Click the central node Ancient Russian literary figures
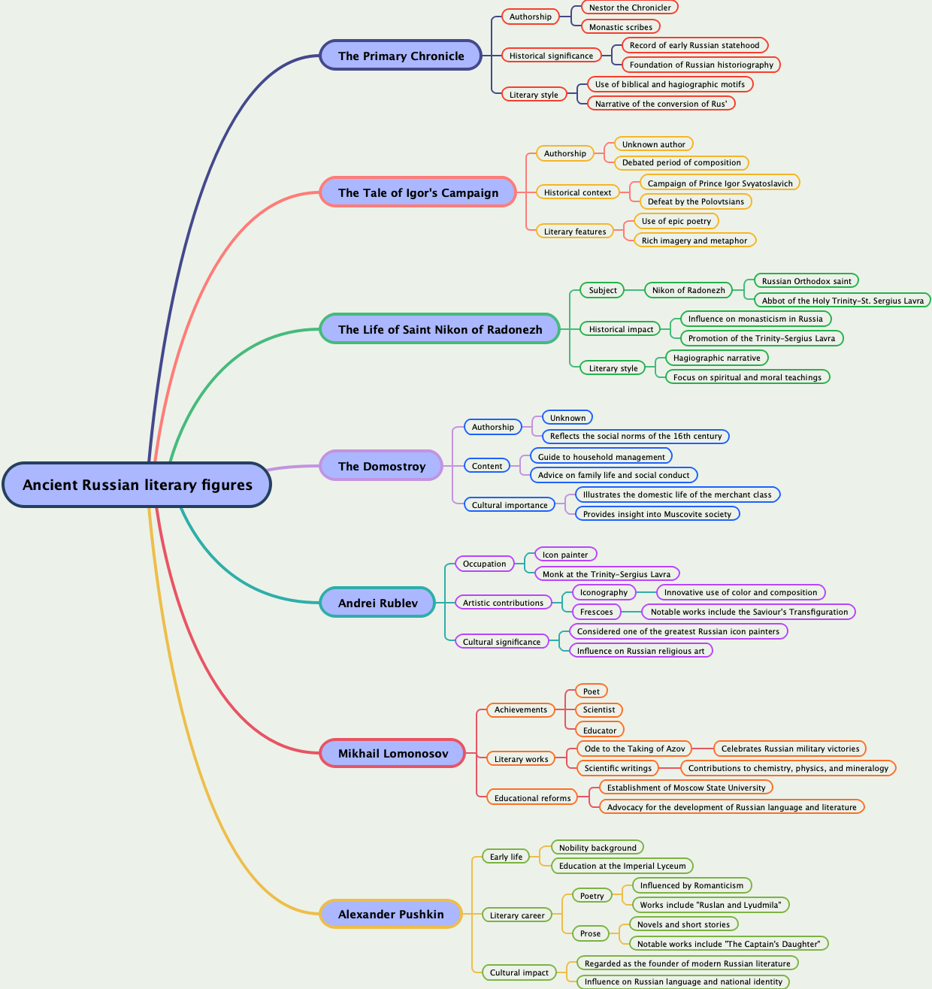[137, 485]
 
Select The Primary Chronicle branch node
[401, 56]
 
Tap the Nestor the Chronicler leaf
[630, 8]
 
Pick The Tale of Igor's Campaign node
[418, 192]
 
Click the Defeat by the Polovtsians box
[695, 201]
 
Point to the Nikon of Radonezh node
[688, 290]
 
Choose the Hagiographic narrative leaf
[716, 358]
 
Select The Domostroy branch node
[381, 466]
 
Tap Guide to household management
[601, 457]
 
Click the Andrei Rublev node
[377, 603]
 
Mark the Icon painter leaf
[565, 555]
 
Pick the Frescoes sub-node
[596, 612]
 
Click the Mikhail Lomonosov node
[392, 753]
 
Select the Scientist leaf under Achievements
[598, 709]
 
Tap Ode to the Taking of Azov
[634, 749]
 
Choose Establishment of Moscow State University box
[685, 788]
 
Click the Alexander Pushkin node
[390, 914]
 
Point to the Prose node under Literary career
[590, 933]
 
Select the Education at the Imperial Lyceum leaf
[622, 866]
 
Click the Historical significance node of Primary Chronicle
[551, 56]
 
